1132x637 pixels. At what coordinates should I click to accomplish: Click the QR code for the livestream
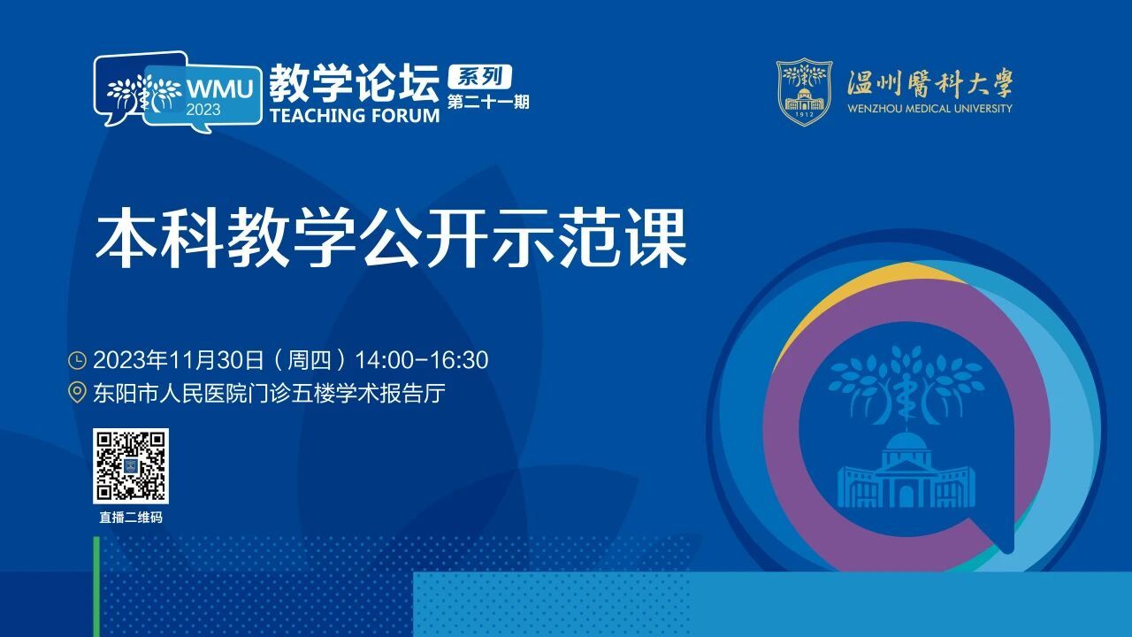pyautogui.click(x=130, y=465)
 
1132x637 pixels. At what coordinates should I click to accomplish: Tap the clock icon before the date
pyautogui.click(x=77, y=360)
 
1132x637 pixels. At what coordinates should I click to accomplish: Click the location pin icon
pyautogui.click(x=77, y=393)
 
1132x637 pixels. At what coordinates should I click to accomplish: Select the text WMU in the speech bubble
pyautogui.click(x=220, y=89)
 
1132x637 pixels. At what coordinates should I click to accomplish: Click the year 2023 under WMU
pyautogui.click(x=203, y=111)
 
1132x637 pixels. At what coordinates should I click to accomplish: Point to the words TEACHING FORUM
pyautogui.click(x=355, y=115)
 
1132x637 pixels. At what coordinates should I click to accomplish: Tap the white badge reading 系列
pyautogui.click(x=480, y=77)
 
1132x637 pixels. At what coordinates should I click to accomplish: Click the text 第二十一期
pyautogui.click(x=488, y=102)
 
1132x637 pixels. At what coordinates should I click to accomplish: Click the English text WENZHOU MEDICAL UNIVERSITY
pyautogui.click(x=929, y=108)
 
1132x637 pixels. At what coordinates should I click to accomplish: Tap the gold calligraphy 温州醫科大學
pyautogui.click(x=930, y=83)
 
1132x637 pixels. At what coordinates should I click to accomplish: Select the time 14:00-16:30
pyautogui.click(x=422, y=360)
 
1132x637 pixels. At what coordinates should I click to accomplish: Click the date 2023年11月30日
pyautogui.click(x=179, y=360)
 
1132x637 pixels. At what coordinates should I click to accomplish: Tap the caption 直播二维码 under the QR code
pyautogui.click(x=131, y=518)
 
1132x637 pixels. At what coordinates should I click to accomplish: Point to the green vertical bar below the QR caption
pyautogui.click(x=96, y=587)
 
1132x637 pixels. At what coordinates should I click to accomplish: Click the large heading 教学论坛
pyautogui.click(x=354, y=83)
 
